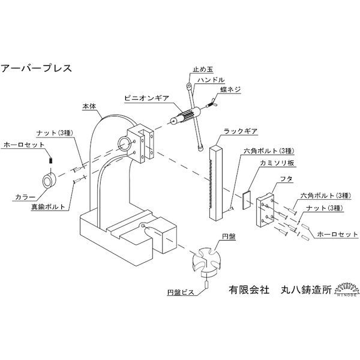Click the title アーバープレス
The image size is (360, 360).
tap(37, 67)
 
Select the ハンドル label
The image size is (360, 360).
tap(209, 80)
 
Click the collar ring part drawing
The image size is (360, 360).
tap(49, 181)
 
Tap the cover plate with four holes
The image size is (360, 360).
tap(265, 211)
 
